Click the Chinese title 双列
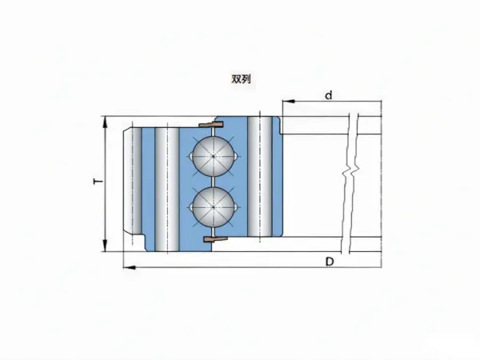coord(241,79)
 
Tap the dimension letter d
coord(328,95)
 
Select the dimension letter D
coord(330,262)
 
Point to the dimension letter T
coord(98,182)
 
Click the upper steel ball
coord(214,156)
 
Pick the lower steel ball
coord(214,207)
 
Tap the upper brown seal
coord(210,124)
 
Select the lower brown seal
coord(215,238)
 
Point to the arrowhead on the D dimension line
coord(130,267)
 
